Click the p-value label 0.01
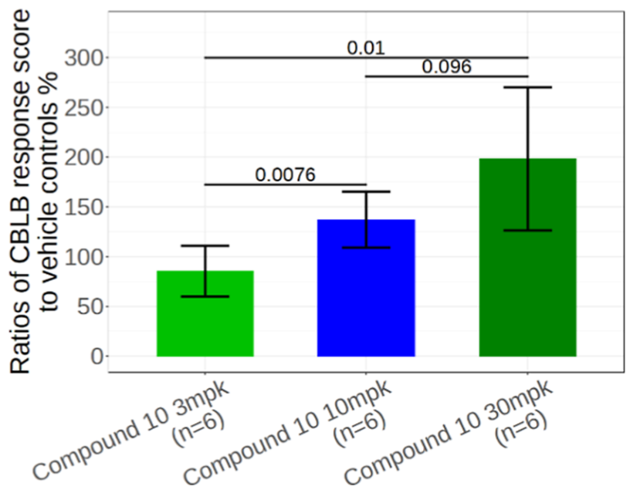[x=365, y=48]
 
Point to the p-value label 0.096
[x=446, y=67]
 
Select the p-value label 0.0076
[x=285, y=175]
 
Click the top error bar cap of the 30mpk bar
[x=527, y=87]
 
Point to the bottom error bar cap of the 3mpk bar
[x=205, y=296]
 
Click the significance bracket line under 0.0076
[x=285, y=184]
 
